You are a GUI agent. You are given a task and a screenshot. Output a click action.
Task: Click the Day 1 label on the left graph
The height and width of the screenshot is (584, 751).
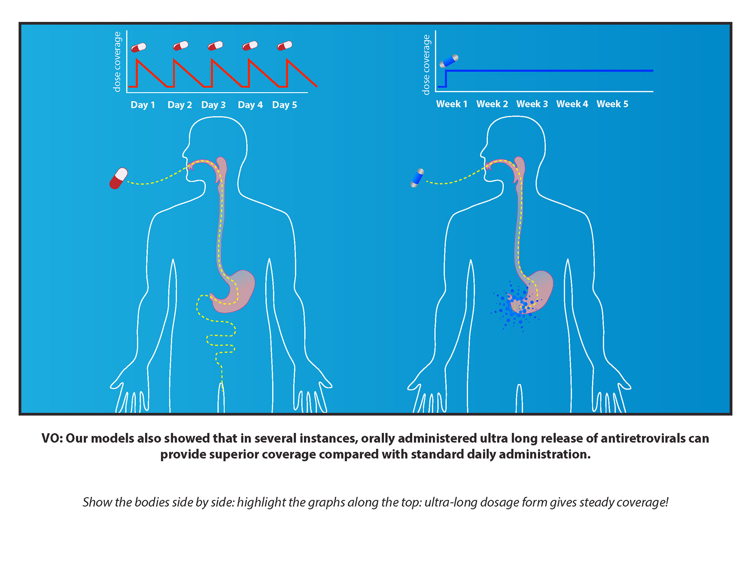(143, 105)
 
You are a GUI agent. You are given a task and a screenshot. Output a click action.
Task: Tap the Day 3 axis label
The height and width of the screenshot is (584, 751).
(213, 105)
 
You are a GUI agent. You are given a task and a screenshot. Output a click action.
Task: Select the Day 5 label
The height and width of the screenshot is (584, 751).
(284, 105)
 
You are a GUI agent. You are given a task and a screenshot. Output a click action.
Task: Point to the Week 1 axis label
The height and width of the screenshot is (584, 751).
(452, 104)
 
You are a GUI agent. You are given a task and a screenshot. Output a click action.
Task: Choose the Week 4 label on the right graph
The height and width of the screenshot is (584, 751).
(572, 104)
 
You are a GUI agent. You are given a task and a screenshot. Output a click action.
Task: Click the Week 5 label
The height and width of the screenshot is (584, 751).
(612, 104)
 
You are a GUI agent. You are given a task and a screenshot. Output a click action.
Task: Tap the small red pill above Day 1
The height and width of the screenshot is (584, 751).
(138, 48)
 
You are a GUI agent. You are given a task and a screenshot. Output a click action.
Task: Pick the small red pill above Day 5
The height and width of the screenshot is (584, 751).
(285, 46)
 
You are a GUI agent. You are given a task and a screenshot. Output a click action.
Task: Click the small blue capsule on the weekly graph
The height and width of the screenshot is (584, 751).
(449, 61)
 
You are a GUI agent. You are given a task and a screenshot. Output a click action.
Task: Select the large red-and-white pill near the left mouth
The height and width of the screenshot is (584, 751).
(119, 178)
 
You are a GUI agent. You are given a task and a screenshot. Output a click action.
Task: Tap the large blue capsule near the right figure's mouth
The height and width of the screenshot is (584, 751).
(417, 178)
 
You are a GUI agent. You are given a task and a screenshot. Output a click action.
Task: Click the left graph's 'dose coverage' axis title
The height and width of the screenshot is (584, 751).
(117, 62)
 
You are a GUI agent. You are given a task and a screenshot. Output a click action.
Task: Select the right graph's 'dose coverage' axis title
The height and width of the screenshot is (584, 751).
(426, 64)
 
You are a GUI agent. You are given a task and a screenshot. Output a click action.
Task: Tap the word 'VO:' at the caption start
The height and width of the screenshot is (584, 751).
(52, 438)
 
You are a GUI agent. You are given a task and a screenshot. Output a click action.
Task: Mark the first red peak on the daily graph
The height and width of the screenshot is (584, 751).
(137, 59)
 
